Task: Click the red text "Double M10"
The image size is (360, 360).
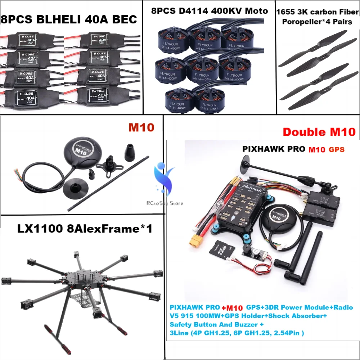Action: coord(319,132)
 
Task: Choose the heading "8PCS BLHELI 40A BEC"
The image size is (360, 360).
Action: coord(69,19)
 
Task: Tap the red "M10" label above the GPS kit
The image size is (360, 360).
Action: coord(141,127)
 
